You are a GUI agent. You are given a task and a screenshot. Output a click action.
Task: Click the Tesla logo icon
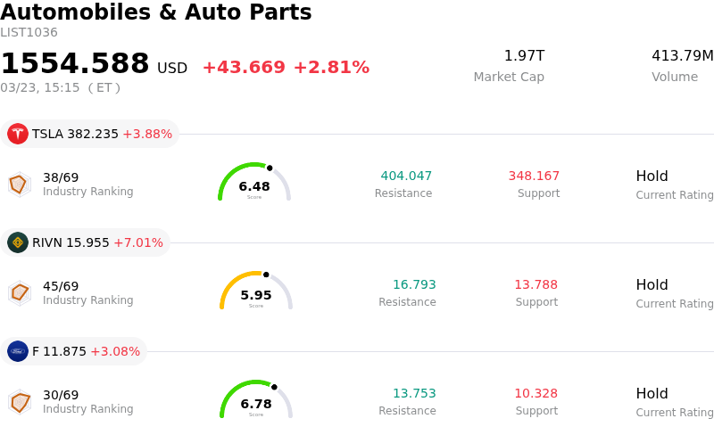pyautogui.click(x=18, y=134)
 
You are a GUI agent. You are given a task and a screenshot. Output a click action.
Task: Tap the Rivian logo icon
pyautogui.click(x=18, y=242)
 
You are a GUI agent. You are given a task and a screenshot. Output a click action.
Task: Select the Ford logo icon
pyautogui.click(x=18, y=351)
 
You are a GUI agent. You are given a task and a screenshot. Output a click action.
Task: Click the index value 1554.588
pyautogui.click(x=75, y=64)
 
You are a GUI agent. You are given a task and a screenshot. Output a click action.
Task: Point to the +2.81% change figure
pyautogui.click(x=331, y=68)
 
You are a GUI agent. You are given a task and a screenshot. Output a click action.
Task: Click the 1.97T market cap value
pyautogui.click(x=524, y=56)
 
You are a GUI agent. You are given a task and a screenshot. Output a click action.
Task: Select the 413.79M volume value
pyautogui.click(x=682, y=56)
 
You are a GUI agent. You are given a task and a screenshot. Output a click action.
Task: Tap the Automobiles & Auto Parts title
pyautogui.click(x=156, y=12)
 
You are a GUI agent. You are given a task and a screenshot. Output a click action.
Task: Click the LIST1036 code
pyautogui.click(x=29, y=33)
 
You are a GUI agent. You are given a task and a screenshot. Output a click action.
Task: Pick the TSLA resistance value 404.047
pyautogui.click(x=406, y=176)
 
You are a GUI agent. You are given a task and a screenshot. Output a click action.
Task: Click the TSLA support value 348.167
pyautogui.click(x=534, y=176)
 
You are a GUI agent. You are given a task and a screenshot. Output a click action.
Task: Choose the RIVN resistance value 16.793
pyautogui.click(x=414, y=284)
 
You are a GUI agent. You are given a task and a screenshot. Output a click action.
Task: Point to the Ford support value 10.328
pyautogui.click(x=535, y=393)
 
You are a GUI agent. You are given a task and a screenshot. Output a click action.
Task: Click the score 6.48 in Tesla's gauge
pyautogui.click(x=254, y=186)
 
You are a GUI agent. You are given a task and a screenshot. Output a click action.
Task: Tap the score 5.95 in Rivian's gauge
pyautogui.click(x=256, y=295)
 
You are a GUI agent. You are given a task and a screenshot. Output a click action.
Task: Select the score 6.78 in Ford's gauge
pyautogui.click(x=256, y=404)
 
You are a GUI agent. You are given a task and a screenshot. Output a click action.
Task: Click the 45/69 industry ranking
pyautogui.click(x=61, y=286)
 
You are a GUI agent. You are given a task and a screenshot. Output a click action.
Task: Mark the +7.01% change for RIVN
pyautogui.click(x=138, y=242)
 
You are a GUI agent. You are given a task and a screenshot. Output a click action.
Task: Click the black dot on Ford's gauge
pyautogui.click(x=274, y=387)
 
